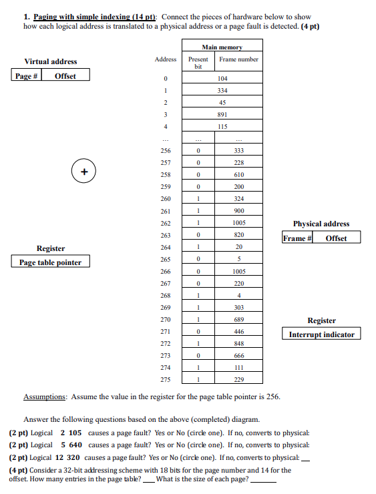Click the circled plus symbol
(x=84, y=172)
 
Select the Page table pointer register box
(x=50, y=262)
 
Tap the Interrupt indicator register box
(x=321, y=334)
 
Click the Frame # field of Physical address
(x=297, y=238)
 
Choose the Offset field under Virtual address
(x=65, y=75)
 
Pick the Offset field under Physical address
(x=336, y=238)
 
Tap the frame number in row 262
(x=239, y=223)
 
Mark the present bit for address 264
(x=198, y=247)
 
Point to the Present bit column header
(x=198, y=62)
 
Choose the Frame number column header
(x=239, y=59)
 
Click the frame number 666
(x=239, y=355)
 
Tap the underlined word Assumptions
(x=45, y=397)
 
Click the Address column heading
(x=166, y=59)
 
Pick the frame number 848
(x=239, y=343)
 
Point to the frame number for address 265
(x=239, y=259)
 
